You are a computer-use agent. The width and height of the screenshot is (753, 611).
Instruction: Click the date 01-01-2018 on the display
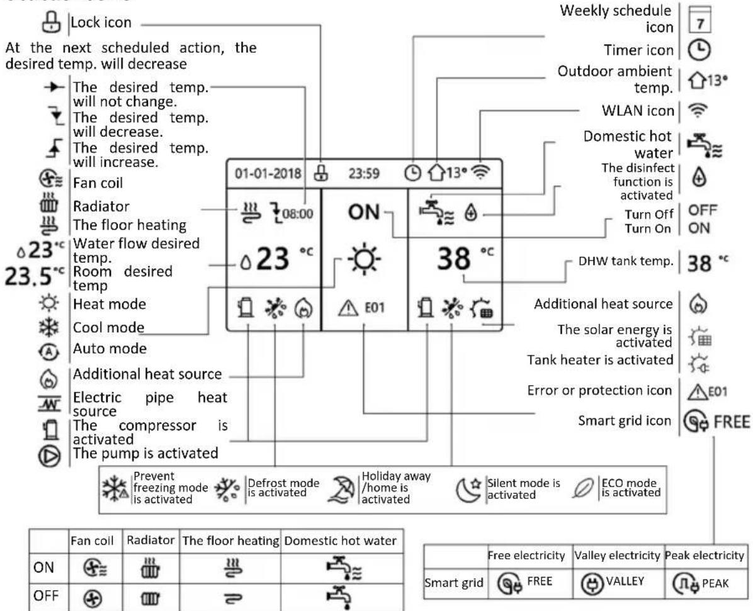pyautogui.click(x=268, y=173)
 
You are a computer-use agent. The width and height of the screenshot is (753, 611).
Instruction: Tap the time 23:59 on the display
pyautogui.click(x=363, y=173)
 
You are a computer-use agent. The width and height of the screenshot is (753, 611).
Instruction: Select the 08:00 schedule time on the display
pyautogui.click(x=298, y=213)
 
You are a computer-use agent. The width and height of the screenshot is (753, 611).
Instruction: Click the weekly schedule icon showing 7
pyautogui.click(x=699, y=20)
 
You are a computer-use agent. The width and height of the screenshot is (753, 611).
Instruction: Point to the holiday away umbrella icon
pyautogui.click(x=341, y=489)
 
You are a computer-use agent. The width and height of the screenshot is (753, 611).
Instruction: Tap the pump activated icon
pyautogui.click(x=50, y=456)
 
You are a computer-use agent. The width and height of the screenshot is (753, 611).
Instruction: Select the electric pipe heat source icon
pyautogui.click(x=50, y=403)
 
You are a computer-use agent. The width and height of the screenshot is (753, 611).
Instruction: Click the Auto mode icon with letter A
pyautogui.click(x=49, y=352)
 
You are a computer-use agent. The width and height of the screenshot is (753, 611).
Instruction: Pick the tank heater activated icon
pyautogui.click(x=699, y=363)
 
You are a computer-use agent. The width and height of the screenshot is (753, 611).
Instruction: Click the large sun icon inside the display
pyautogui.click(x=365, y=259)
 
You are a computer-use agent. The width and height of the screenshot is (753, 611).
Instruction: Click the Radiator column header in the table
pyautogui.click(x=150, y=541)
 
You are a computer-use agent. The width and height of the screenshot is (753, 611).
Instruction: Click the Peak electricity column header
pyautogui.click(x=705, y=556)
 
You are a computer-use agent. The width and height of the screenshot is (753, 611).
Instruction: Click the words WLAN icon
pyautogui.click(x=638, y=111)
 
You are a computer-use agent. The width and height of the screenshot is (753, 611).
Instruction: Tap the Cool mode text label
pyautogui.click(x=108, y=327)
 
